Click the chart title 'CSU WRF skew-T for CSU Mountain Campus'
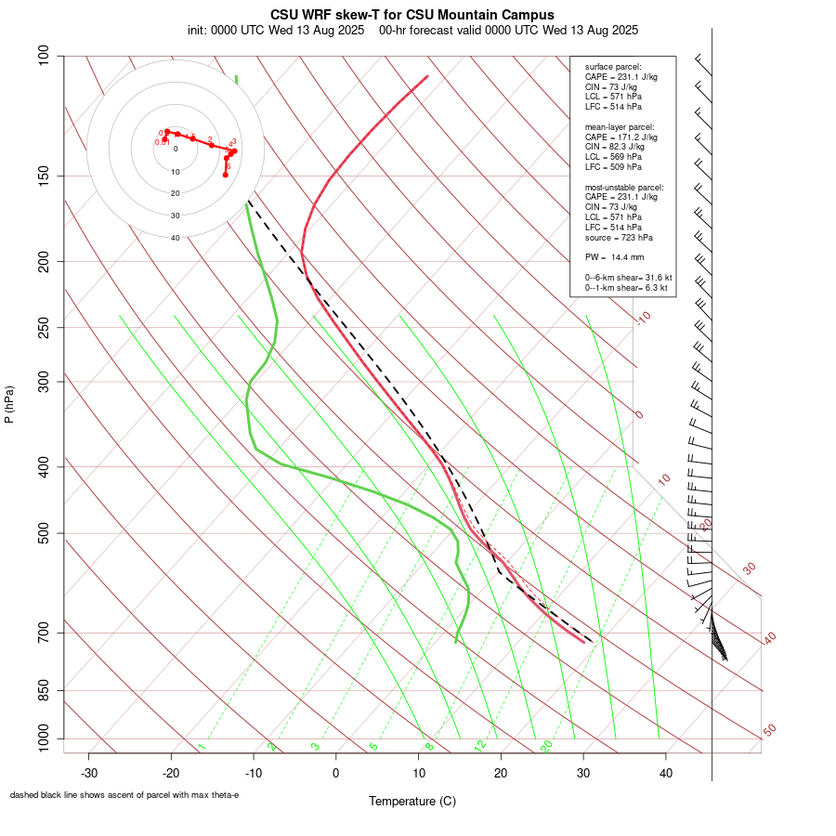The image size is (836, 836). pos(411,15)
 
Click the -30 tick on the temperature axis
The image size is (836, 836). pos(89,773)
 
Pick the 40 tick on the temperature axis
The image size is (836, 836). pos(666,773)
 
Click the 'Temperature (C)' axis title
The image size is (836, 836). pos(411,801)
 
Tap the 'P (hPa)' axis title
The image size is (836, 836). pos(9,404)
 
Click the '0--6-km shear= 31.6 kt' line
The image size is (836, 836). pos(628,278)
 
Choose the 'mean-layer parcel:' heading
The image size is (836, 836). pos(619,126)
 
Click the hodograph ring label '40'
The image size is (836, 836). pos(175,238)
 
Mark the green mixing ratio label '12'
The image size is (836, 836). pos(480,745)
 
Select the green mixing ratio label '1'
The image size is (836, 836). pos(202,746)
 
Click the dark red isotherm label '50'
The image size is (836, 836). pos(769,730)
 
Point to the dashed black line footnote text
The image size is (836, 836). pos(124,795)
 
